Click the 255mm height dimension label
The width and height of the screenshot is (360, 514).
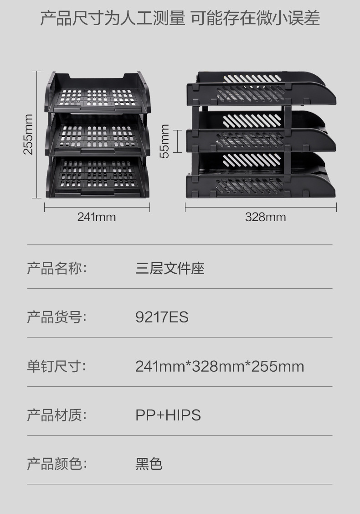click(28, 134)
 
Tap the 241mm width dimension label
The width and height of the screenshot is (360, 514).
click(97, 217)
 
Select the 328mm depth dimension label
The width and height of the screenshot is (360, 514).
click(266, 217)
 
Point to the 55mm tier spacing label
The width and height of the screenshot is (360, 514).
click(165, 141)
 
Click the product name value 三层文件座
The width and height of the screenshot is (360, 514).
click(170, 268)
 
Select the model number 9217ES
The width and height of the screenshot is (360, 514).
click(162, 317)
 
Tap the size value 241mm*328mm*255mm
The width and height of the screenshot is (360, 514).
click(219, 366)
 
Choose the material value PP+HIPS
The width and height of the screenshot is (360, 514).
click(168, 415)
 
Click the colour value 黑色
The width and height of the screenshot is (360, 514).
click(149, 464)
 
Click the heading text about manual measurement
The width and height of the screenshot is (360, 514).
click(180, 19)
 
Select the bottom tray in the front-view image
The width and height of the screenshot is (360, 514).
click(98, 178)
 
